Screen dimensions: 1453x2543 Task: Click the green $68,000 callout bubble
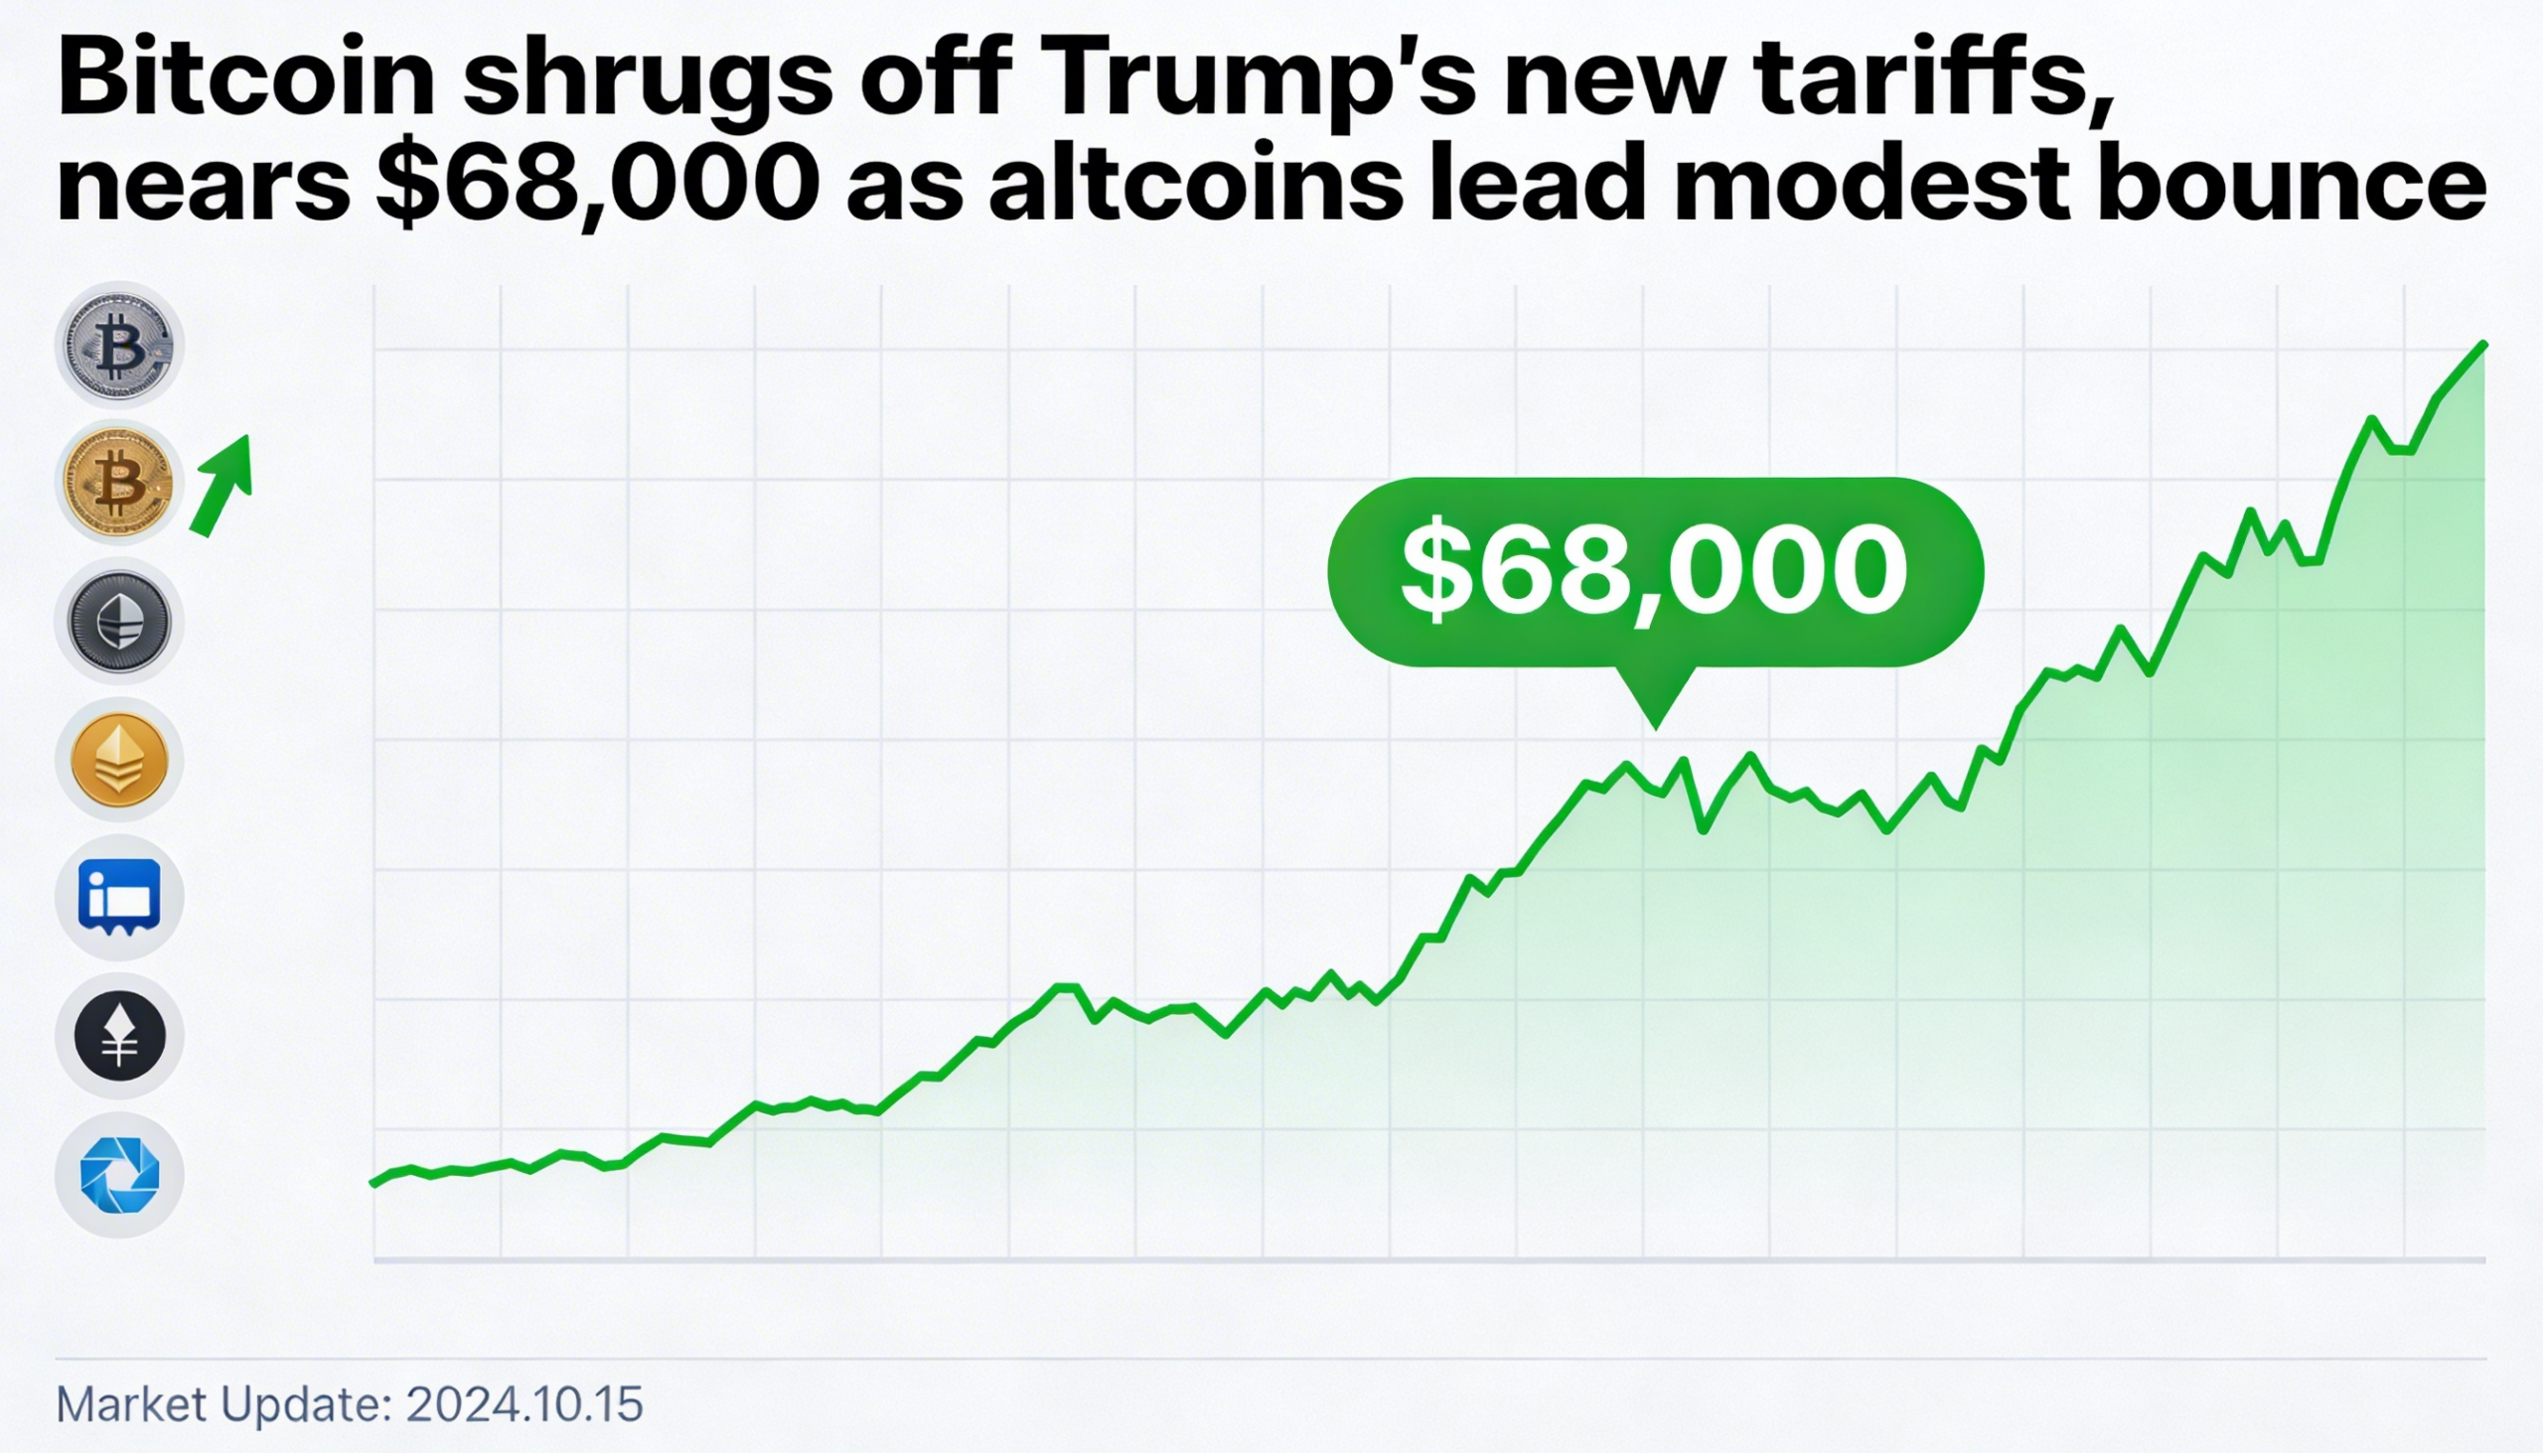click(1655, 571)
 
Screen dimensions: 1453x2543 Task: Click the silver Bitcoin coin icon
click(120, 346)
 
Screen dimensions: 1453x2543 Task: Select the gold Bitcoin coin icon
click(120, 484)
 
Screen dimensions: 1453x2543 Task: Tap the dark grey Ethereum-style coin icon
click(120, 622)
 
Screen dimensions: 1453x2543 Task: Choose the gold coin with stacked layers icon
click(120, 761)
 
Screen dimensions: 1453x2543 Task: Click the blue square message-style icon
click(120, 897)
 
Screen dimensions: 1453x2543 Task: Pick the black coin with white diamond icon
click(120, 1036)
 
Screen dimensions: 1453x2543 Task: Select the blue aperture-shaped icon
click(120, 1175)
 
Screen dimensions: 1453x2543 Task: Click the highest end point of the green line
click(2483, 346)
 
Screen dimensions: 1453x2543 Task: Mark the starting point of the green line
click(374, 1184)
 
